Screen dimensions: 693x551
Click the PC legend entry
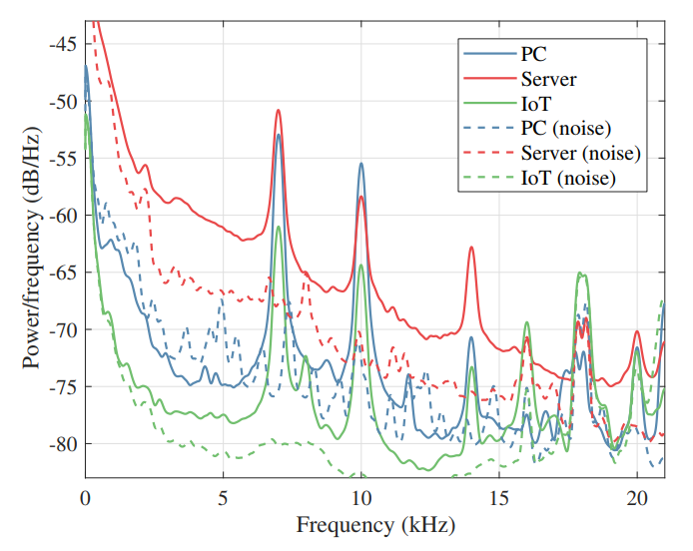pos(504,54)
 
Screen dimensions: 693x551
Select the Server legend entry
pos(519,79)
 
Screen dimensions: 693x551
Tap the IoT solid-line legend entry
pos(507,104)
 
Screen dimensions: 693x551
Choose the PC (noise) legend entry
pos(537,129)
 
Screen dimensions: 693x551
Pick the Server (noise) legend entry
pos(552,154)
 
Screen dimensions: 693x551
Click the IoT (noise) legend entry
pos(539,178)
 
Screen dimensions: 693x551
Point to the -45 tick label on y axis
pos(63,44)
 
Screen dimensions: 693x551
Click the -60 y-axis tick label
pos(63,216)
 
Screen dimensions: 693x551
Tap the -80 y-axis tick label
pos(63,443)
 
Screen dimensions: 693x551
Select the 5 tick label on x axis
pos(223,498)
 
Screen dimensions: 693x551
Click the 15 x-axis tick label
pos(499,498)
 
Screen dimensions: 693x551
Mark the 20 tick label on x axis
pos(637,498)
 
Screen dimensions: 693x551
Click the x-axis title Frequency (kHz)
pos(375,526)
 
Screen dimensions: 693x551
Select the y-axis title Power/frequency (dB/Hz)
pos(31,248)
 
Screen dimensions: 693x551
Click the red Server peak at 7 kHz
pos(278,110)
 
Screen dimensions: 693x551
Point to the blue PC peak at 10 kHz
pos(361,164)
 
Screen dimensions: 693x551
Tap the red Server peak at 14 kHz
pos(471,247)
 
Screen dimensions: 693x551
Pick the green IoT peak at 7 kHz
pos(278,227)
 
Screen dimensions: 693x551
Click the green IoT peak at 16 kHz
pos(526,322)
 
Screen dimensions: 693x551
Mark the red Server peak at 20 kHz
pos(637,331)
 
